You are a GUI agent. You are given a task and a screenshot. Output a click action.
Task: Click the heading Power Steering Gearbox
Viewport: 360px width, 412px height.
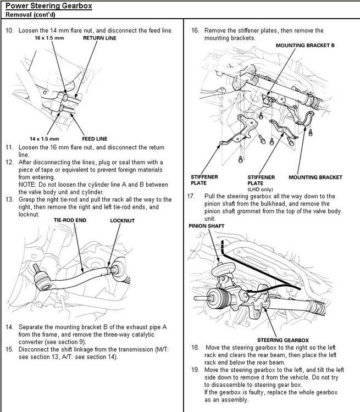[49, 5]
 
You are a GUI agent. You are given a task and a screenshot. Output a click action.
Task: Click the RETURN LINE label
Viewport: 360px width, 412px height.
[99, 38]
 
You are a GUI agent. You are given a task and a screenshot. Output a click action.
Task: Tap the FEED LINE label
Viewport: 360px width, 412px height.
[95, 139]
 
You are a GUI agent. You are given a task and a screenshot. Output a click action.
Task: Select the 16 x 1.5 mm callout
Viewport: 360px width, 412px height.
[49, 38]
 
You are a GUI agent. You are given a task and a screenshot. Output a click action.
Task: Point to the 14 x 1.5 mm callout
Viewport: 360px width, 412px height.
[44, 139]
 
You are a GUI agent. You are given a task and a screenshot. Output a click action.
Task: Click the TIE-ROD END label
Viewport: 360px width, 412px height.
[70, 220]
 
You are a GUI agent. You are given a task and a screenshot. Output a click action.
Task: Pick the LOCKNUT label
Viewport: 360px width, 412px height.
[122, 221]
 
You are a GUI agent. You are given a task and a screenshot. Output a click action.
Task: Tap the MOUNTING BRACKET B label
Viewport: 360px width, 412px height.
[305, 46]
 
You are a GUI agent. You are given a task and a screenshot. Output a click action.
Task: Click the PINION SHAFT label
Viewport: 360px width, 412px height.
[207, 226]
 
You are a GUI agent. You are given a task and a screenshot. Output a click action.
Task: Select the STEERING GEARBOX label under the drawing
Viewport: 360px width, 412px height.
[283, 340]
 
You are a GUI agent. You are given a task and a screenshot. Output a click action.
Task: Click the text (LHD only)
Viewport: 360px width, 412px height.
[260, 190]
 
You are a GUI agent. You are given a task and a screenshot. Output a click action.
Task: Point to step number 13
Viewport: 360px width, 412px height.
[9, 199]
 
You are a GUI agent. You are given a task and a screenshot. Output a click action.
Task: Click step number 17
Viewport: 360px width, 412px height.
[191, 196]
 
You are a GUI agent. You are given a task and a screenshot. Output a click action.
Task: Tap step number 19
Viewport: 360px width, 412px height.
[195, 370]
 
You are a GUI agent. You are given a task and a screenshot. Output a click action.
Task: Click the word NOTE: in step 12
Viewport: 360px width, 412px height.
[26, 185]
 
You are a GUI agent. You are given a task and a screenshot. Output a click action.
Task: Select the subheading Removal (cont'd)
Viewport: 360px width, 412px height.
[30, 14]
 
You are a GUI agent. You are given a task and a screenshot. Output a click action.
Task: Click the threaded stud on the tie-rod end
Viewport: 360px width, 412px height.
[36, 268]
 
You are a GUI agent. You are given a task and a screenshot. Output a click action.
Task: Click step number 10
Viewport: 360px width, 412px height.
[9, 30]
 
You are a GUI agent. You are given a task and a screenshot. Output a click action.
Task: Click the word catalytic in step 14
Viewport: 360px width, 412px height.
[143, 335]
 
